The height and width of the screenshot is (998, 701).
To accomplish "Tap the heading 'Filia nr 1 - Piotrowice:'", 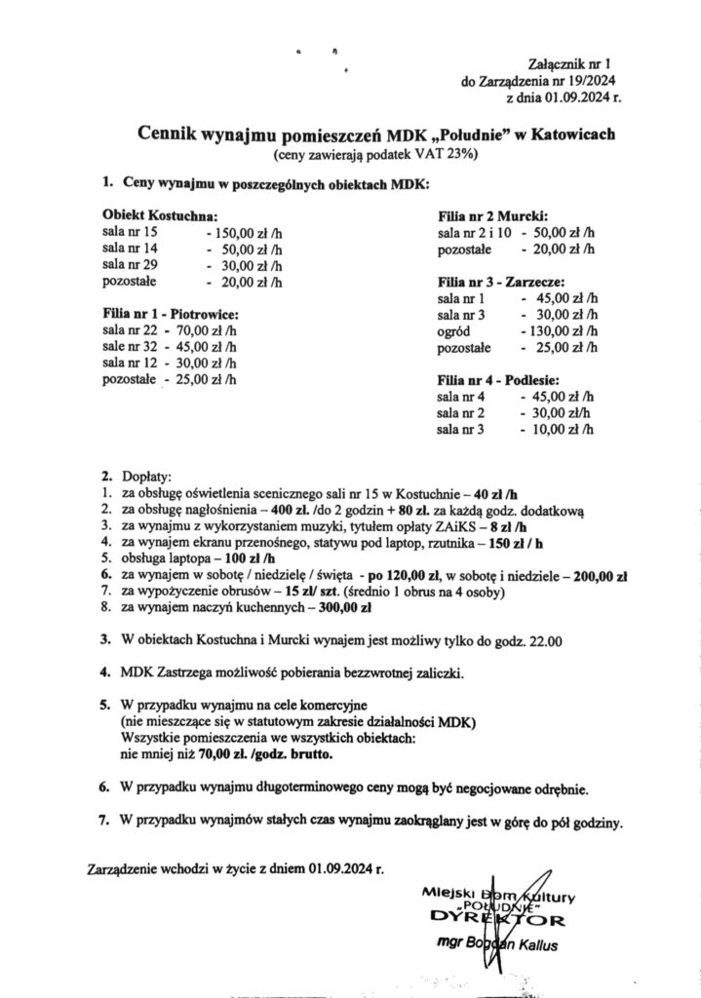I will [171, 315].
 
